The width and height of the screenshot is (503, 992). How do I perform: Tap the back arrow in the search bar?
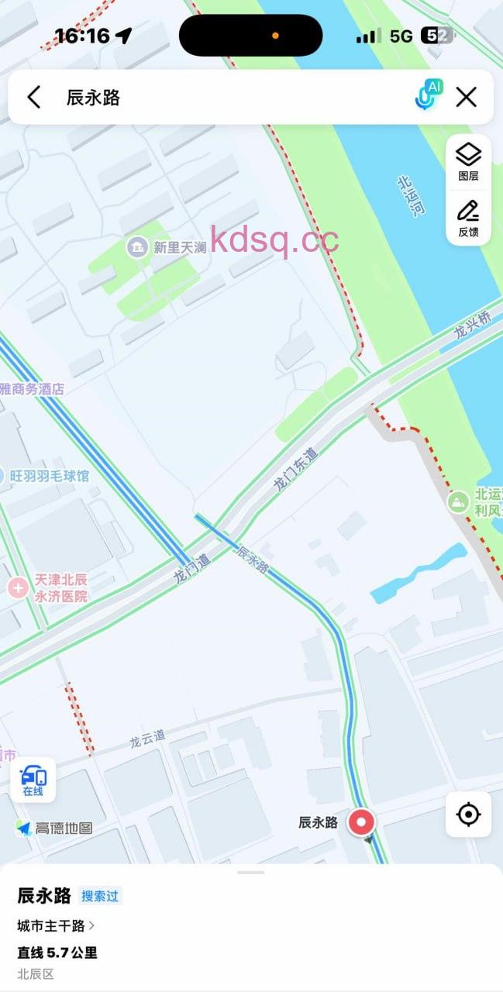pyautogui.click(x=33, y=97)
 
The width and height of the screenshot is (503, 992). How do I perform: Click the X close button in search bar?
pyautogui.click(x=466, y=97)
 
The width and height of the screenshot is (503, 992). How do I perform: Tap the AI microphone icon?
pyautogui.click(x=427, y=95)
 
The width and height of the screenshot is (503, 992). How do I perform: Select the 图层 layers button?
pyautogui.click(x=468, y=161)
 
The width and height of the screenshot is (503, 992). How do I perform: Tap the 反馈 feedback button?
pyautogui.click(x=468, y=218)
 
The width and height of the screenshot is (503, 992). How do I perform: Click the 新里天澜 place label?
pyautogui.click(x=178, y=247)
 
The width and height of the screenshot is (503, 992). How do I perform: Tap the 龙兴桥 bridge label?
pyautogui.click(x=473, y=325)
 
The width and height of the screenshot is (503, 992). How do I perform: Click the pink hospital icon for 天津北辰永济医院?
pyautogui.click(x=18, y=587)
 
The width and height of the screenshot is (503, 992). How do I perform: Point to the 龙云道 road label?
pyautogui.click(x=147, y=739)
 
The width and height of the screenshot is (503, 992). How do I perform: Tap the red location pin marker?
pyautogui.click(x=361, y=822)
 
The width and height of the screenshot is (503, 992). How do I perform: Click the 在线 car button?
pyautogui.click(x=33, y=780)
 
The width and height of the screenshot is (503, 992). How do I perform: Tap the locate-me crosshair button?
pyautogui.click(x=468, y=815)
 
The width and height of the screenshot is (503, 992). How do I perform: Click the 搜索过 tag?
pyautogui.click(x=100, y=896)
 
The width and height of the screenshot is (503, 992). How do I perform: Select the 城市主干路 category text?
pyautogui.click(x=53, y=925)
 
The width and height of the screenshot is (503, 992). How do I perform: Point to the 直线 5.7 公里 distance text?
pyautogui.click(x=57, y=952)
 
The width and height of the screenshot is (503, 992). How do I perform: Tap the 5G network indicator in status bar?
pyautogui.click(x=401, y=36)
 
